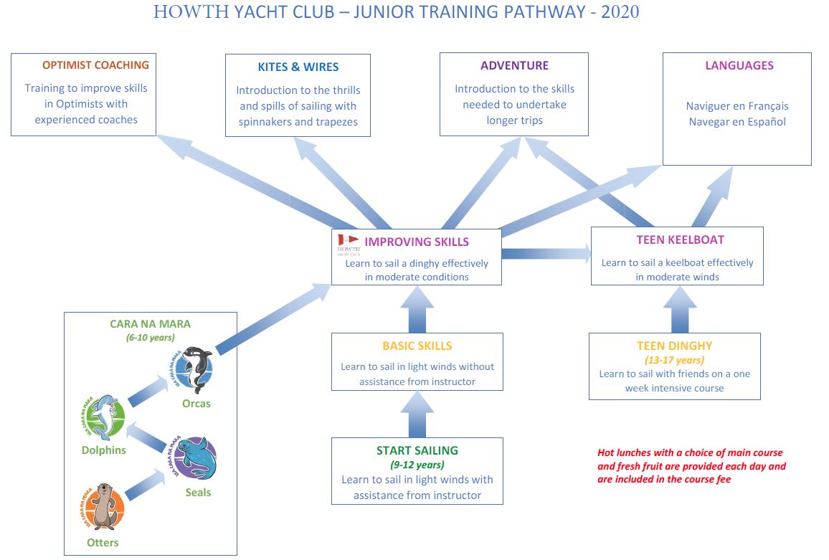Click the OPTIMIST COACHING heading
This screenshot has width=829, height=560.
pyautogui.click(x=95, y=65)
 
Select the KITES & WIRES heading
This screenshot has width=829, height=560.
pyautogui.click(x=298, y=67)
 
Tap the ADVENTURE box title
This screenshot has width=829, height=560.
pyautogui.click(x=514, y=65)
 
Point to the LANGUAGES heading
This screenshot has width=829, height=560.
pyautogui.click(x=739, y=65)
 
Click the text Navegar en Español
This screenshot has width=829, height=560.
pyautogui.click(x=737, y=122)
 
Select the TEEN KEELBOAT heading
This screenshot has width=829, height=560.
pyautogui.click(x=680, y=239)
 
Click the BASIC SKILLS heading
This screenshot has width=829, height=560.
pyautogui.click(x=417, y=346)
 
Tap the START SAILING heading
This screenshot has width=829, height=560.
pyautogui.click(x=417, y=451)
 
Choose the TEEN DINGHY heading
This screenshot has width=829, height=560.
pyautogui.click(x=674, y=346)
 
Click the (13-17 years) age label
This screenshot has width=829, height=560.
pyautogui.click(x=674, y=360)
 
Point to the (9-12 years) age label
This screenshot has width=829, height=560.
pyautogui.click(x=417, y=465)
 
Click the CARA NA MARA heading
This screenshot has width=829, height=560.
pyautogui.click(x=150, y=324)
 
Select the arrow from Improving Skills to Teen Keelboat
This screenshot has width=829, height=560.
pyautogui.click(x=546, y=253)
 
